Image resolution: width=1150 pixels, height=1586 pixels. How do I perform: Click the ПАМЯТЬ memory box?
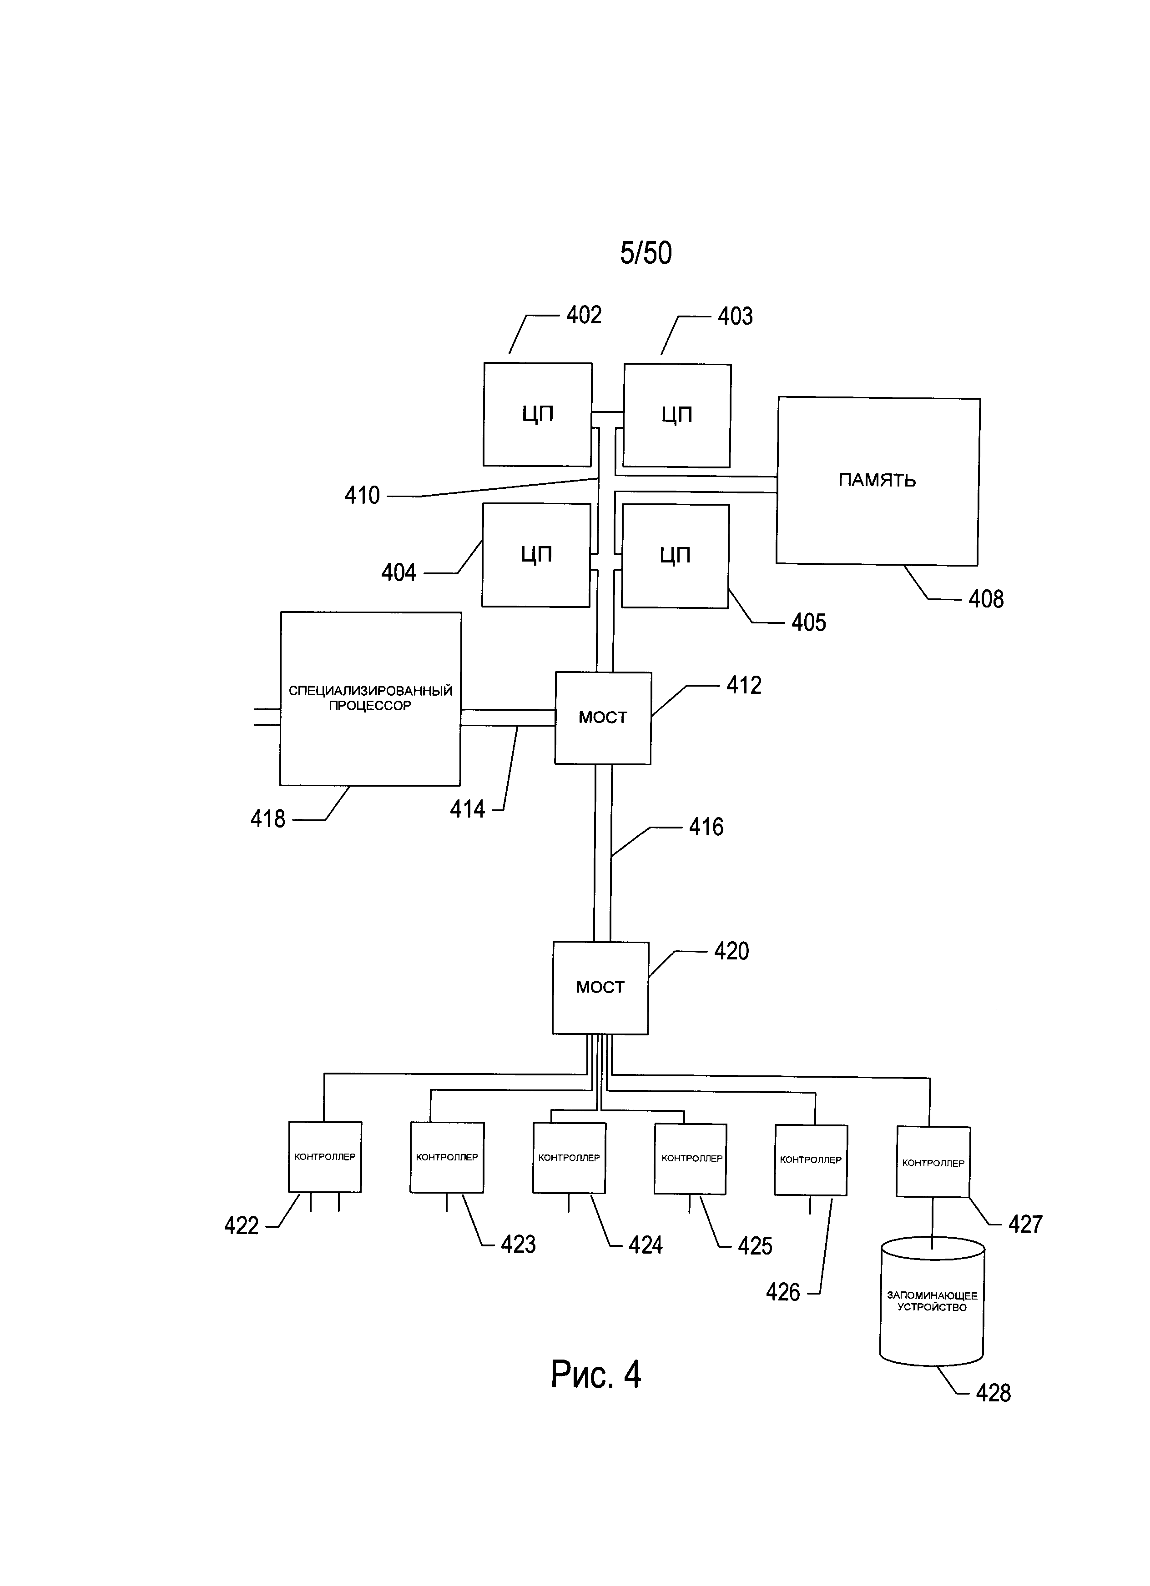(878, 481)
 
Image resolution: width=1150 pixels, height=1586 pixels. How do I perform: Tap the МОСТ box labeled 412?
(603, 718)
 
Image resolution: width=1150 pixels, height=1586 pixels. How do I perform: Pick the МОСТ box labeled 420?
(600, 988)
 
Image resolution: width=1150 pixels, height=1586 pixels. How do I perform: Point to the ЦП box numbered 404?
(536, 555)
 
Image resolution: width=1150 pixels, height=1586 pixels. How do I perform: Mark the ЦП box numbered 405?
(675, 556)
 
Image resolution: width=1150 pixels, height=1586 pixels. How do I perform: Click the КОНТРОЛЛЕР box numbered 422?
(325, 1157)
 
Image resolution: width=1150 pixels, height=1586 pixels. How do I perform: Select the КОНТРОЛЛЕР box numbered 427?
(933, 1163)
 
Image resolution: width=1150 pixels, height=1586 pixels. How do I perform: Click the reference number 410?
(363, 496)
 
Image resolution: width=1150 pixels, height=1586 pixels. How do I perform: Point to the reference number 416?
(706, 827)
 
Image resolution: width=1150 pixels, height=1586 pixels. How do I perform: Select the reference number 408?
(986, 599)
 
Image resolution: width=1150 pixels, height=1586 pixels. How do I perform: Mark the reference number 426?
(783, 1292)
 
